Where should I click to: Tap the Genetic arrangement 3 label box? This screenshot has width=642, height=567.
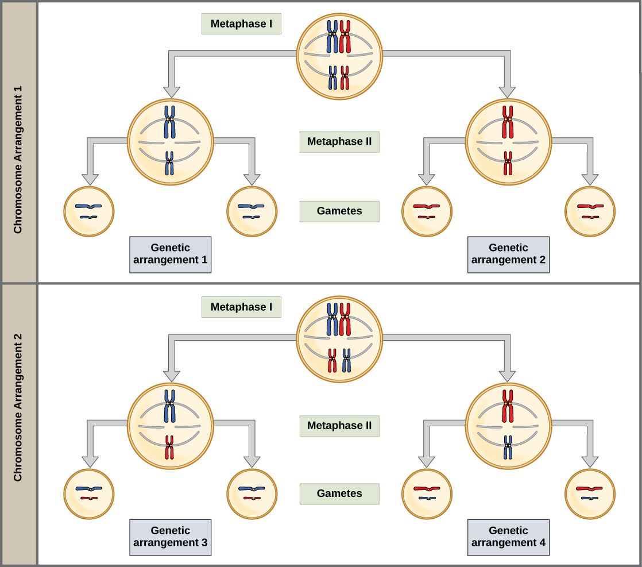click(x=170, y=537)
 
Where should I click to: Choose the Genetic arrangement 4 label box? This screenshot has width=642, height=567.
click(x=508, y=537)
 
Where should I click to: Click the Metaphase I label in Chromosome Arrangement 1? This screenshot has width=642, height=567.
click(x=241, y=24)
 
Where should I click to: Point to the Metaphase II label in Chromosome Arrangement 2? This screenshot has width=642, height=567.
click(x=339, y=426)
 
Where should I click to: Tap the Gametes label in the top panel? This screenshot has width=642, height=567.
click(x=339, y=211)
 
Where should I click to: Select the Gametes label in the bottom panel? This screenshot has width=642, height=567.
click(x=339, y=493)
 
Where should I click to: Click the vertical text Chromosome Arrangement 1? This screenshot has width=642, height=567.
click(x=18, y=159)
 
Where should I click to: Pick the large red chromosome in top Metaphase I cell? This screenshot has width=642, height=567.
click(x=345, y=37)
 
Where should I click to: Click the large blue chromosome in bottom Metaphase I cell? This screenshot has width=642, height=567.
click(x=332, y=319)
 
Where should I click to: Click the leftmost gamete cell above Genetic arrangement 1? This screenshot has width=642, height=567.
click(x=88, y=211)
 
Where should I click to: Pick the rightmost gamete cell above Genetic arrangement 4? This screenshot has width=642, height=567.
click(x=590, y=494)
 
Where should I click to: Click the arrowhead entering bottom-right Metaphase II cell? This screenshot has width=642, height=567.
click(x=507, y=376)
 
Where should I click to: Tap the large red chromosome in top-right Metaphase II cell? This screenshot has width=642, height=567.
click(x=508, y=121)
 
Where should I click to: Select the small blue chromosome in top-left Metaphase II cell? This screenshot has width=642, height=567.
click(x=169, y=163)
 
